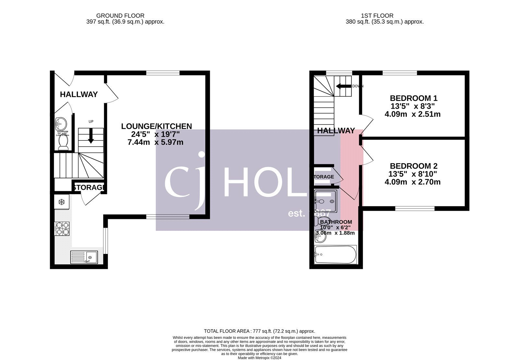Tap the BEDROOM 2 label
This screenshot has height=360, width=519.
tap(414, 166)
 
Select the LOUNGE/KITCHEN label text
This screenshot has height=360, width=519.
tap(156, 126)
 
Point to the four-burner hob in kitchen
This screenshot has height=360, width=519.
tap(62, 228)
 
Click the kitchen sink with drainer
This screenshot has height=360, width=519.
tap(84, 257)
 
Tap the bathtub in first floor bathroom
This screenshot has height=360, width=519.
tap(335, 255)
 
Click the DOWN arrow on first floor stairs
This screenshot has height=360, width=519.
tap(344, 86)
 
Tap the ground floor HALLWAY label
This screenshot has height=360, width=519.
tap(78, 94)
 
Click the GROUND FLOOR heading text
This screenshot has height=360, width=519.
tap(120, 16)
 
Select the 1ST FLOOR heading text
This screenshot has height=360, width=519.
tap(377, 16)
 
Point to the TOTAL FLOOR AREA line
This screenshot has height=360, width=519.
tap(259, 331)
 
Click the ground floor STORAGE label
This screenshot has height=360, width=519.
tap(89, 187)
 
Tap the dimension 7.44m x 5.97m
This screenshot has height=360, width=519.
tap(155, 142)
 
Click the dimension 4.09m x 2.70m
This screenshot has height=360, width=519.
tap(412, 182)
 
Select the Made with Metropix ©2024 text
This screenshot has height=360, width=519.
tap(259, 358)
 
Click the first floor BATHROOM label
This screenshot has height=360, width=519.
tap(336, 222)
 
